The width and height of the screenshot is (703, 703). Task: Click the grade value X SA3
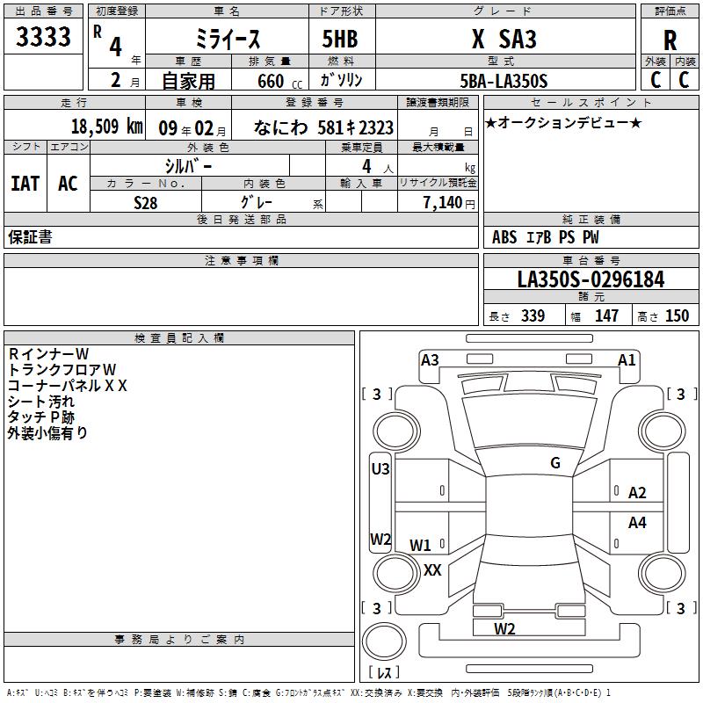pyautogui.click(x=504, y=39)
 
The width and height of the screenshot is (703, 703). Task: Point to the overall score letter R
pyautogui.click(x=670, y=40)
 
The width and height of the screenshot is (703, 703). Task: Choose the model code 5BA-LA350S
pyautogui.click(x=504, y=81)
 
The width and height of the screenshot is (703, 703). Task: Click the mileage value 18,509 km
pyautogui.click(x=106, y=126)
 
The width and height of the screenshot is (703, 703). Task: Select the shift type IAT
pyautogui.click(x=25, y=183)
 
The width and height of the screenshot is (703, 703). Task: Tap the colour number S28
pyautogui.click(x=146, y=202)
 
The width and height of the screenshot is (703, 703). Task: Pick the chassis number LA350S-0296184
pyautogui.click(x=591, y=280)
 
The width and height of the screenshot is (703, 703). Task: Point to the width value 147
pyautogui.click(x=606, y=316)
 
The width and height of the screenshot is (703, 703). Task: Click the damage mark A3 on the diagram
pyautogui.click(x=430, y=359)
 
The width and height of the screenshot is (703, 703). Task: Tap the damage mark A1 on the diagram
pyautogui.click(x=627, y=359)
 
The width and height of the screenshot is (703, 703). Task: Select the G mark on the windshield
pyautogui.click(x=555, y=463)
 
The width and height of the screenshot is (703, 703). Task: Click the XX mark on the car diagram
pyautogui.click(x=432, y=569)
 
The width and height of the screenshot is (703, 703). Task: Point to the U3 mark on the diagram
pyautogui.click(x=380, y=469)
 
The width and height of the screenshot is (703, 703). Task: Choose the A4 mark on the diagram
pyautogui.click(x=637, y=523)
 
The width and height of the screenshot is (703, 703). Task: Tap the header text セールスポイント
pyautogui.click(x=591, y=103)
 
